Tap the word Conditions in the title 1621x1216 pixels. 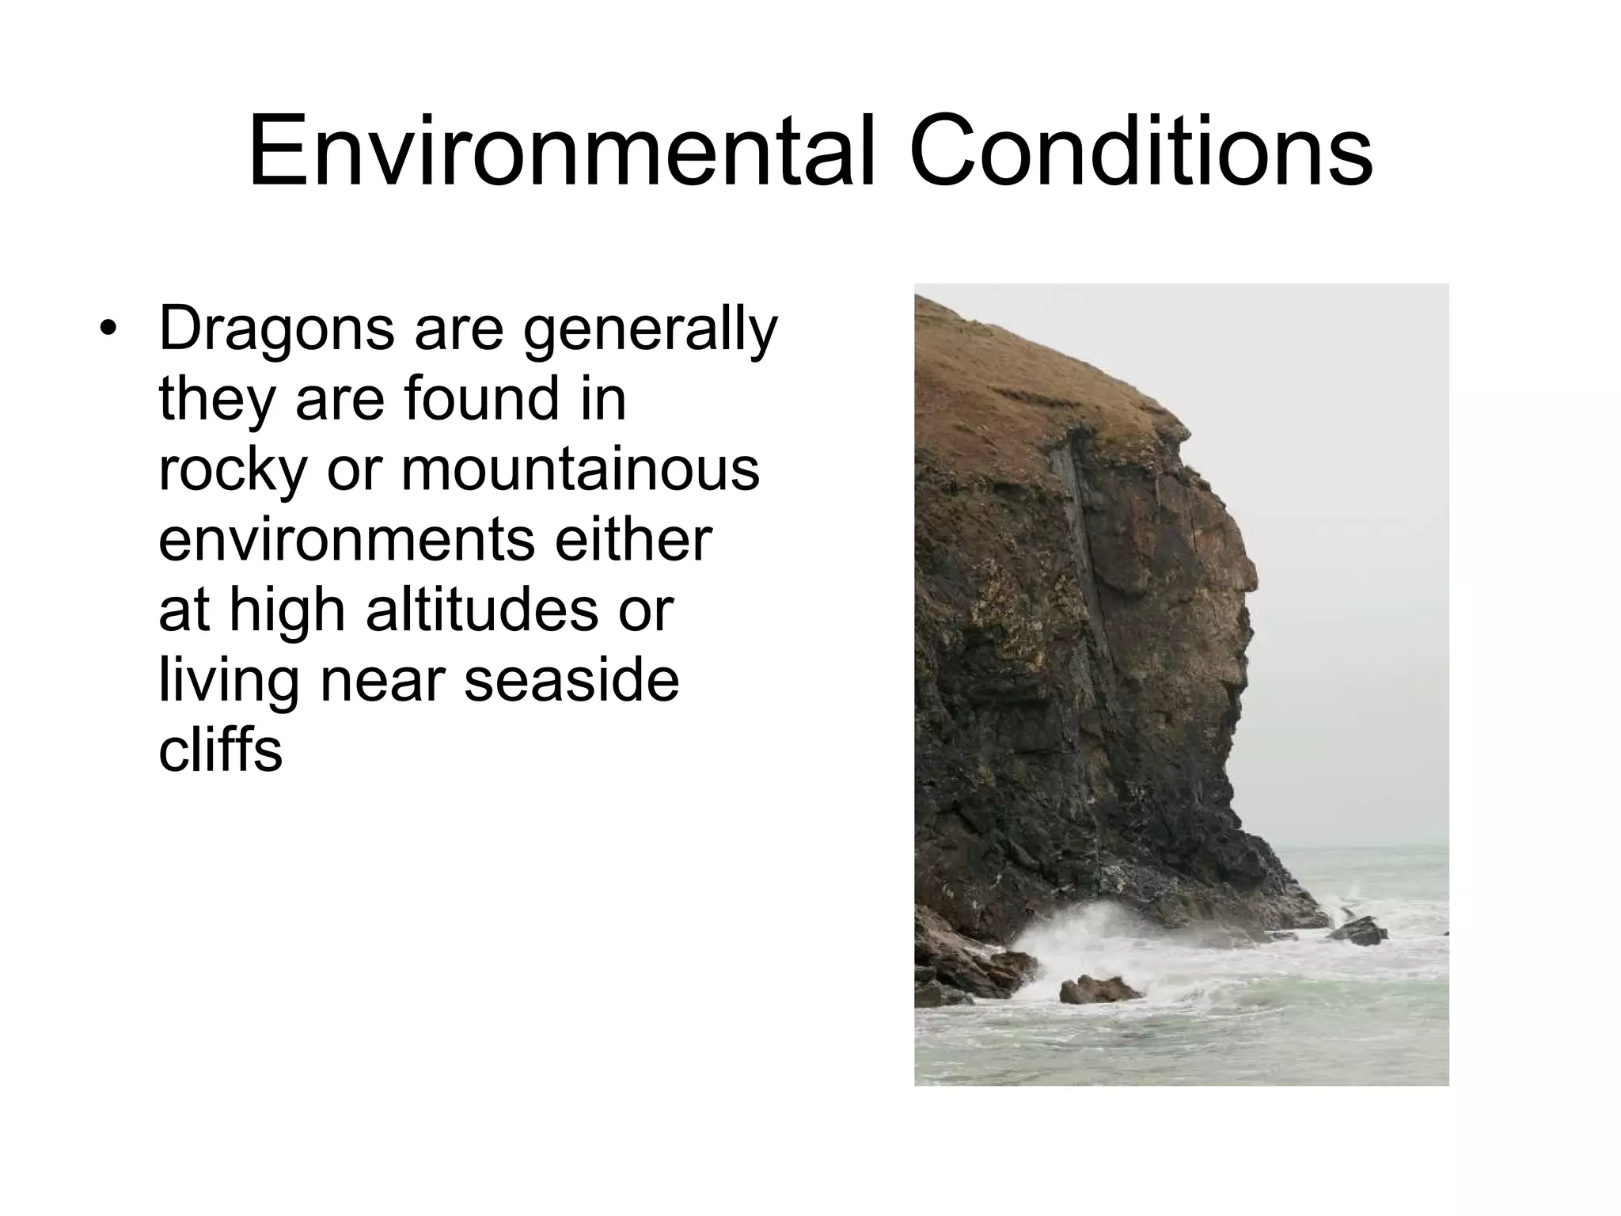point(1141,151)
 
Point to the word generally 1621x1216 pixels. point(650,331)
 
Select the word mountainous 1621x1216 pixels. point(580,469)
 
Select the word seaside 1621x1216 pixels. point(571,680)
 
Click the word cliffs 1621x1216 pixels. point(220,749)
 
